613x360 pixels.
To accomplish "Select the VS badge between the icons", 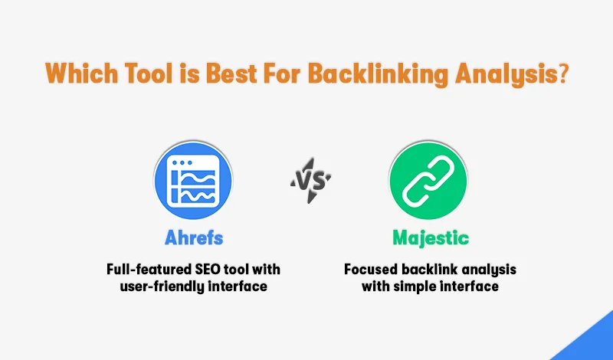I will pos(310,181).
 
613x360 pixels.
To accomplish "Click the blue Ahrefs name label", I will pos(193,237).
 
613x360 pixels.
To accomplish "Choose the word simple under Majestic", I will pos(421,287).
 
